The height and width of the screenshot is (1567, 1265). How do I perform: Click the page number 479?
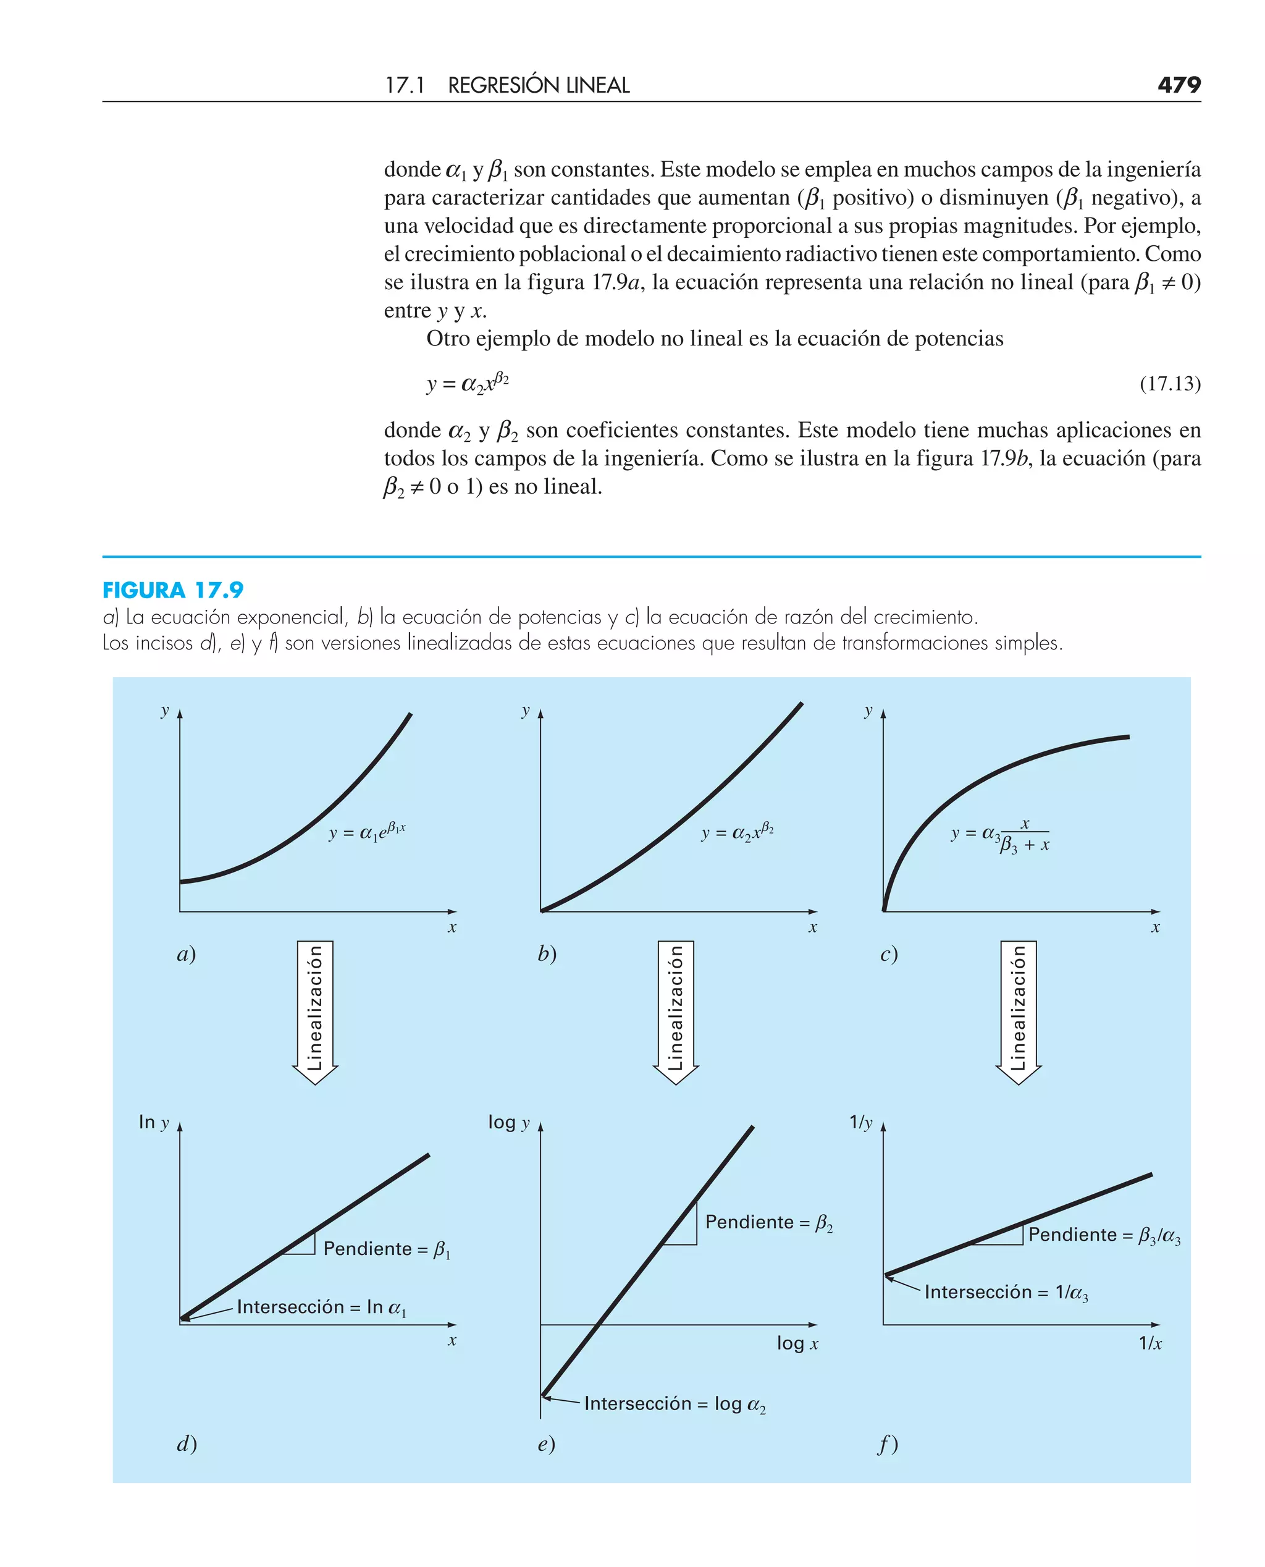(x=1179, y=85)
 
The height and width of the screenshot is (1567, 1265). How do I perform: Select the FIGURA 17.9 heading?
(x=173, y=589)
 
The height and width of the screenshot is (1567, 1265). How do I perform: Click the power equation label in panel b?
(x=737, y=832)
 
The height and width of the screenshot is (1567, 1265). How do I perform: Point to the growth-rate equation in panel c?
(x=1001, y=835)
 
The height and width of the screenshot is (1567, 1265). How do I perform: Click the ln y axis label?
(x=154, y=1122)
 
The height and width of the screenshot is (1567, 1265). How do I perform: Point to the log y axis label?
(x=508, y=1122)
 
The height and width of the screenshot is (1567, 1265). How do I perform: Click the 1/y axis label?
(x=860, y=1122)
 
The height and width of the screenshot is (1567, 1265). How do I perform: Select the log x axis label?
(x=797, y=1343)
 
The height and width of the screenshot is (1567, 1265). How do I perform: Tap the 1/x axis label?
(x=1150, y=1343)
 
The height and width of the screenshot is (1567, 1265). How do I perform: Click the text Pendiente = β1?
(x=386, y=1249)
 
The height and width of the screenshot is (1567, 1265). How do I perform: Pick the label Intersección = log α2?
(x=675, y=1404)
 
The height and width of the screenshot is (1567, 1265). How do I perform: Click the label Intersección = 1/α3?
(x=1006, y=1293)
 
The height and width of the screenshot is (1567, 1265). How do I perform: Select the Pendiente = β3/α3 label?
(x=1104, y=1235)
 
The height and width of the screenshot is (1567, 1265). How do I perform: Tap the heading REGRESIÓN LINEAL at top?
(x=538, y=85)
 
